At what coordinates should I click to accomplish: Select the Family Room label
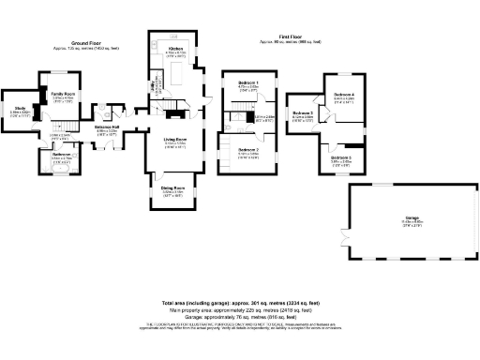tap(64, 94)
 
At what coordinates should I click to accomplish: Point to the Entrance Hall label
tap(106, 127)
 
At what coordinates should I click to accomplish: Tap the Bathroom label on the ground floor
tap(63, 153)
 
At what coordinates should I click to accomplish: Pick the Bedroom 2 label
tap(248, 149)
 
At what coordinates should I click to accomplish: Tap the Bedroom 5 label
tap(341, 157)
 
